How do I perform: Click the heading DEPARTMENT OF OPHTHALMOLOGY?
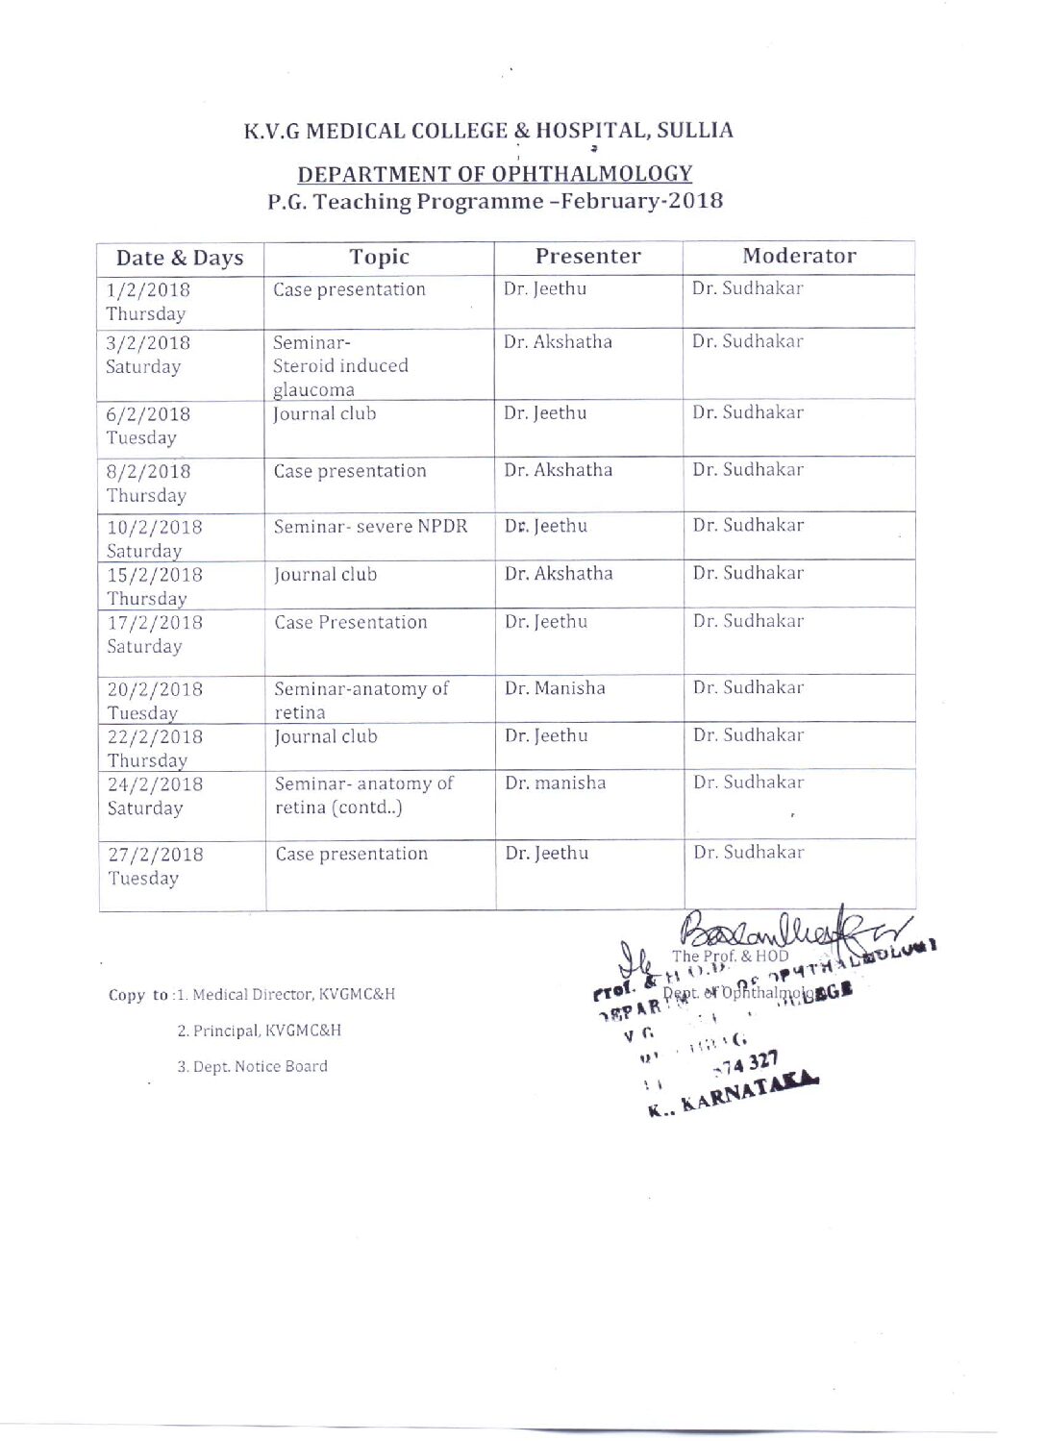[494, 174]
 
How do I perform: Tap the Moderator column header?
[798, 256]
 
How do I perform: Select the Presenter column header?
[587, 256]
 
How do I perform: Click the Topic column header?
[379, 257]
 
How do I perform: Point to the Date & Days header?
[180, 258]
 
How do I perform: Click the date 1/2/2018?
[148, 289]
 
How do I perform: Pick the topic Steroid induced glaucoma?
[340, 377]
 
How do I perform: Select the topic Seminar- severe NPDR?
[370, 527]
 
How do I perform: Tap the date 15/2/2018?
[155, 575]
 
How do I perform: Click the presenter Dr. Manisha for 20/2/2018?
[555, 688]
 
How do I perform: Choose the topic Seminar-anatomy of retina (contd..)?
[363, 795]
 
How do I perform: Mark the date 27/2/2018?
[156, 855]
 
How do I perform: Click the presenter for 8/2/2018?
[558, 470]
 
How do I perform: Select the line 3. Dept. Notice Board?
[252, 1066]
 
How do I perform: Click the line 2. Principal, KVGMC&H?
[259, 1031]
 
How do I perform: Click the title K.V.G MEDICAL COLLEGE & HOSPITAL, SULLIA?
[487, 131]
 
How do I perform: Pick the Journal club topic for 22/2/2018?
[326, 736]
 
